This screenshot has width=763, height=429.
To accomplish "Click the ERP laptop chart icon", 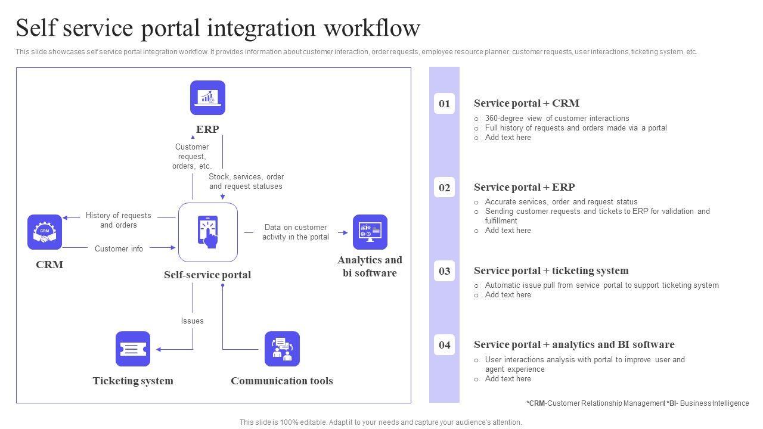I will tap(207, 98).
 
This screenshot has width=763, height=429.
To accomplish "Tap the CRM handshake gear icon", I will tap(45, 232).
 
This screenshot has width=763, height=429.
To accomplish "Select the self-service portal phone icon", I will tap(208, 232).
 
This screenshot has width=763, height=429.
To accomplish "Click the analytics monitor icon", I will tap(370, 232).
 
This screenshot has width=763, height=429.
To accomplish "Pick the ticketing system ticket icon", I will tap(133, 349).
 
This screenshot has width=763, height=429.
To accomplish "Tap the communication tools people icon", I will tap(282, 349).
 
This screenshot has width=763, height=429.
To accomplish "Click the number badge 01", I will tap(445, 104).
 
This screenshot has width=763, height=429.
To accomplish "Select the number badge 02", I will tap(445, 188).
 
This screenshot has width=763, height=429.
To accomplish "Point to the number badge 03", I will tap(445, 271).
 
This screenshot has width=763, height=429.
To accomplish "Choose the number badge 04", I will tap(445, 345).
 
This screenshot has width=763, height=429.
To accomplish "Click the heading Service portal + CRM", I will tap(526, 103).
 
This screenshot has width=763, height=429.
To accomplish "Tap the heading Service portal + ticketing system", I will tap(551, 271).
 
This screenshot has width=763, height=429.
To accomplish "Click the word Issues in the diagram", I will tap(193, 321).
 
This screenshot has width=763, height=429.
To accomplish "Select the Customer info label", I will tap(119, 248).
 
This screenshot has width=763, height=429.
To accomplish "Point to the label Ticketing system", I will tap(133, 381).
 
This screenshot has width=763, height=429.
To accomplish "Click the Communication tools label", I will tap(282, 381).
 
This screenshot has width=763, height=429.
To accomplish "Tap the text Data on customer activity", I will tap(296, 232).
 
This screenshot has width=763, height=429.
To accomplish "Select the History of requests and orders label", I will tap(118, 220).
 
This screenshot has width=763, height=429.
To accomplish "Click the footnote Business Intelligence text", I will tap(714, 403).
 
